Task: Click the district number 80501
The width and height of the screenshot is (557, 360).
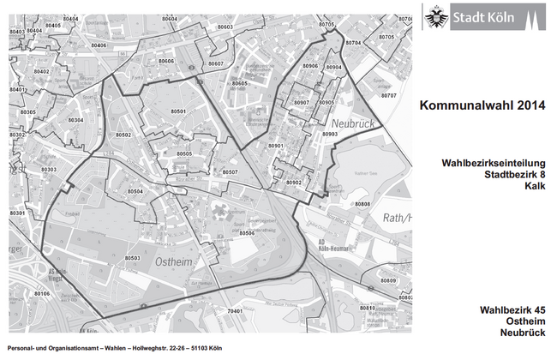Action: (x=177, y=111)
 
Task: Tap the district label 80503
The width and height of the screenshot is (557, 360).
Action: (x=132, y=258)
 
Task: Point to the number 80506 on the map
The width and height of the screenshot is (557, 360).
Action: (x=247, y=233)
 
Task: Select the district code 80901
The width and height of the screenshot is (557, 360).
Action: (x=275, y=147)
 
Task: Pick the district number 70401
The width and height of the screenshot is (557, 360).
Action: (x=236, y=310)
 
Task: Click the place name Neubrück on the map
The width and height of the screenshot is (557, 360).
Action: (x=353, y=124)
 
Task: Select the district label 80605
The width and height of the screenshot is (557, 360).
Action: (x=240, y=83)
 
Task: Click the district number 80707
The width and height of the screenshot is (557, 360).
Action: (x=388, y=96)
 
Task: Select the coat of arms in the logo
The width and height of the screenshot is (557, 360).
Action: (x=437, y=16)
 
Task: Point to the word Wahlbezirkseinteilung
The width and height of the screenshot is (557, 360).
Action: (x=493, y=162)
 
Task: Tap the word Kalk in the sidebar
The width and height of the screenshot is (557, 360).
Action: (x=535, y=186)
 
